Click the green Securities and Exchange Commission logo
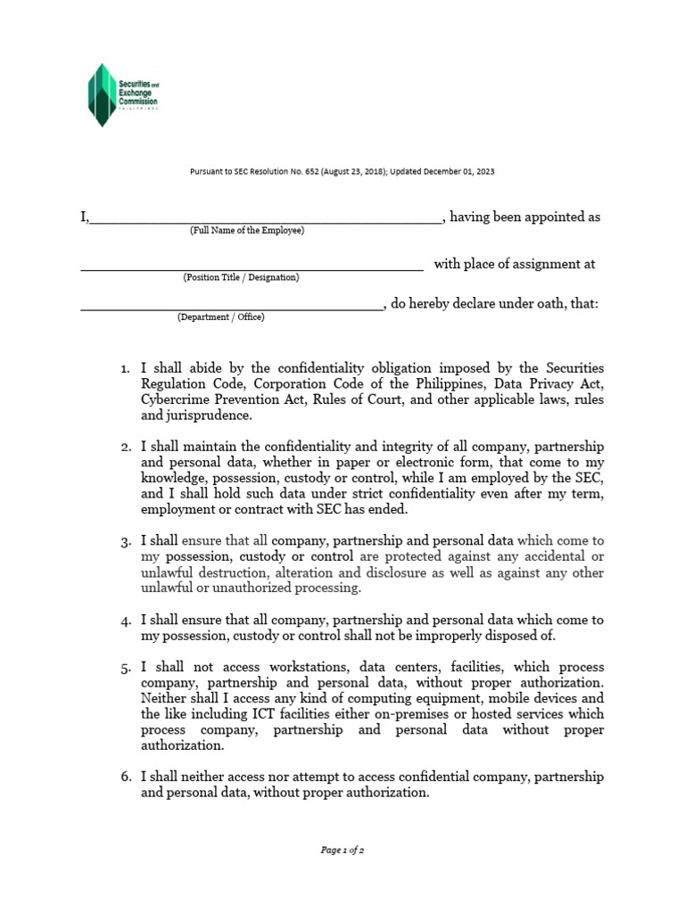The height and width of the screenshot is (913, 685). point(122,95)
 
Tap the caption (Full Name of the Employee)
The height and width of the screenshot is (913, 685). point(246,231)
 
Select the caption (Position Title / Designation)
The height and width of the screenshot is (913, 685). point(241,278)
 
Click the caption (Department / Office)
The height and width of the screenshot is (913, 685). point(220,317)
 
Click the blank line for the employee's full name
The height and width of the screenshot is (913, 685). point(265,219)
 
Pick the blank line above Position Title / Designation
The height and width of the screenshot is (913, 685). point(252,267)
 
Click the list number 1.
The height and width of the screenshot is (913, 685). point(125,368)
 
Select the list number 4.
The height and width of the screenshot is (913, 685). point(125,620)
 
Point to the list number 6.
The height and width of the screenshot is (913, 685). point(125,777)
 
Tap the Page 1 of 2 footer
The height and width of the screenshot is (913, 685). point(342,851)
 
